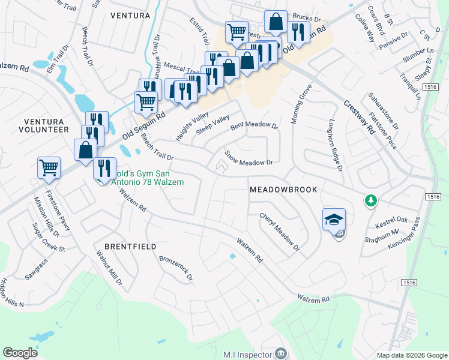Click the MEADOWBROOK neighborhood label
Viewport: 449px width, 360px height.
[283, 189]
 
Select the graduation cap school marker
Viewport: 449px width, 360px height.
[334, 220]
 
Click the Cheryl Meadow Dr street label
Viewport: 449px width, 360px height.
[279, 232]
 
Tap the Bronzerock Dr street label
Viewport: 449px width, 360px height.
[176, 268]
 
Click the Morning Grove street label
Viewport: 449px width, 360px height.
[301, 104]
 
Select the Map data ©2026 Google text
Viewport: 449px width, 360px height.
[412, 355]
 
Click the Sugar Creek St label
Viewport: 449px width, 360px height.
[49, 238]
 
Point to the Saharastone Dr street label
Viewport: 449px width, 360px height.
[383, 111]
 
